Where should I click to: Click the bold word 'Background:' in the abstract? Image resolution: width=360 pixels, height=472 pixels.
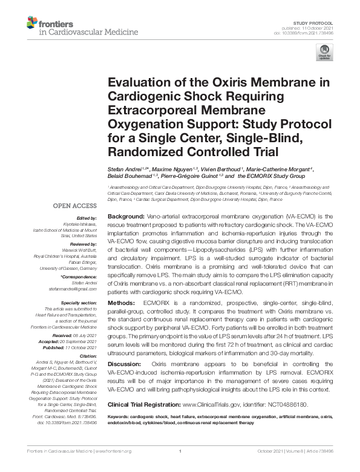(126, 216)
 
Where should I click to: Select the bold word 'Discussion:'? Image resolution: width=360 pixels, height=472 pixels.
(126, 363)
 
